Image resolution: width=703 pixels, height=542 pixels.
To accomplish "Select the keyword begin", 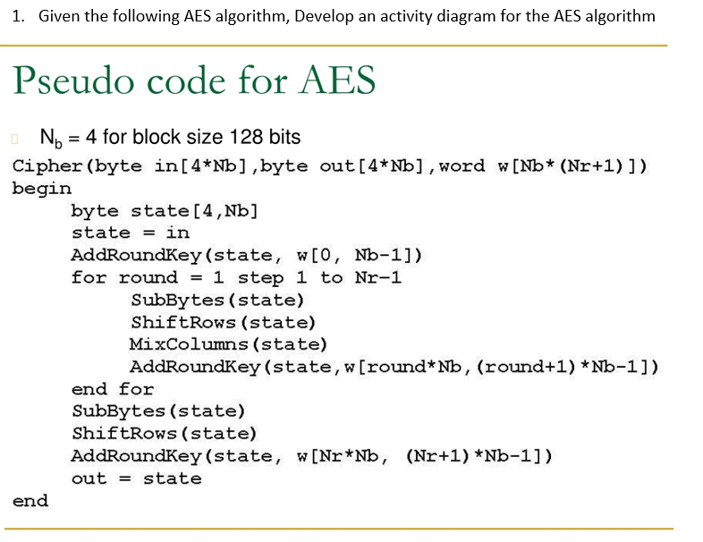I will point(42,189).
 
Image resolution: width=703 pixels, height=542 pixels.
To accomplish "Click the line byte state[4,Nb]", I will point(165,211).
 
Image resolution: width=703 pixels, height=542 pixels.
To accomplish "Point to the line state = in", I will point(131,233).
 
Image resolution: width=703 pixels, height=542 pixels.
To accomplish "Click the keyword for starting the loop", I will point(89,277).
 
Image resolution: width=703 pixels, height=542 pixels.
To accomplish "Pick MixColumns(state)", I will point(228,344).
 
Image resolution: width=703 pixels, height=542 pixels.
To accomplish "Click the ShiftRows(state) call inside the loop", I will point(223,322).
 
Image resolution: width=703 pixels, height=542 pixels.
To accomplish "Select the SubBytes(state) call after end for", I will point(158,411).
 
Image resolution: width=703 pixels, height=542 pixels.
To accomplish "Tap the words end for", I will point(113,389).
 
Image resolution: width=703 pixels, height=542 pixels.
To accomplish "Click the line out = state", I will point(136,478).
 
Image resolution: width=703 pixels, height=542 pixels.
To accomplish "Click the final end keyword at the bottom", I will point(30,501).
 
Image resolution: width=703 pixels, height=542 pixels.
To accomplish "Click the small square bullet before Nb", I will point(14,139).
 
